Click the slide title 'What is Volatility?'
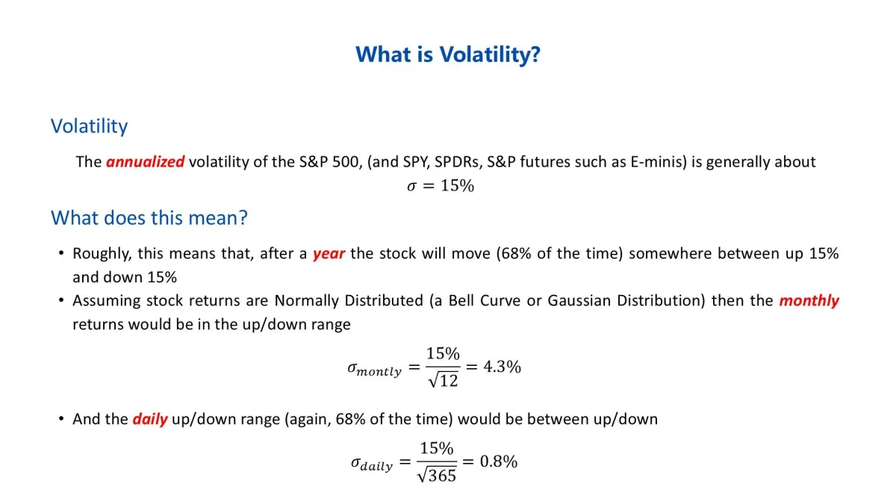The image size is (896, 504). [x=448, y=55]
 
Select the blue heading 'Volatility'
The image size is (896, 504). [x=89, y=126]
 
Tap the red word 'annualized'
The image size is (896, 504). [x=145, y=162]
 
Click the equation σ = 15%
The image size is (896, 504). [x=441, y=186]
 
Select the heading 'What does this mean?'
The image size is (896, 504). [x=149, y=218]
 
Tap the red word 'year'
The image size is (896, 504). [x=329, y=254]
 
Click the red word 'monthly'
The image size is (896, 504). [x=809, y=301]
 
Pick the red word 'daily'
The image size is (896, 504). [x=150, y=419]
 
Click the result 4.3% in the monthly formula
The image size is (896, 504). [x=502, y=367]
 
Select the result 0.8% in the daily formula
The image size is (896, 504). [x=499, y=461]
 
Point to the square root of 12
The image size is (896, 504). [x=444, y=379]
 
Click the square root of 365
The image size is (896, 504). [x=436, y=475]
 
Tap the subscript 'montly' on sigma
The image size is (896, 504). [x=379, y=372]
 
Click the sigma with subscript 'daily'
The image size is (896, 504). [x=372, y=464]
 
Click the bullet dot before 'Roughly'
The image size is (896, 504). [x=61, y=253]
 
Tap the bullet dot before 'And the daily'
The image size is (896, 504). [x=61, y=418]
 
